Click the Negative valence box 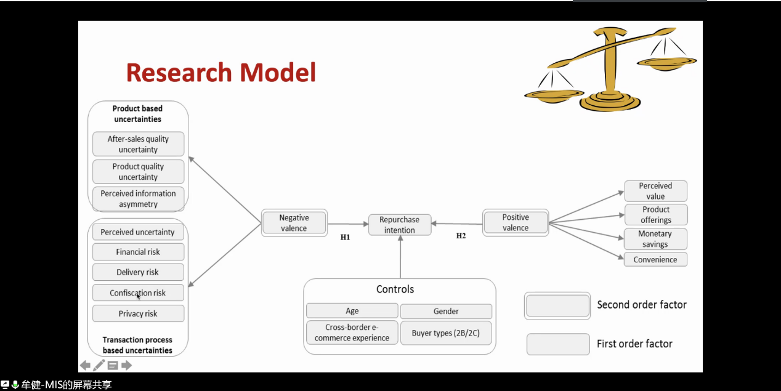point(294,223)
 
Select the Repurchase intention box point(400,225)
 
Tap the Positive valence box point(516,223)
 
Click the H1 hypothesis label point(345,237)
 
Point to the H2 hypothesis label point(461,236)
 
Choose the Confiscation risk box point(138,292)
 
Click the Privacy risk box point(138,313)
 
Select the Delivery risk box point(138,272)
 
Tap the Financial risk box point(138,252)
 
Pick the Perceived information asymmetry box point(138,199)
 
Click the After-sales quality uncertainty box point(138,144)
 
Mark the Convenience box point(655,260)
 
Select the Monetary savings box point(655,239)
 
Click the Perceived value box point(655,191)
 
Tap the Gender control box point(446,311)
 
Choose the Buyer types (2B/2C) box point(446,333)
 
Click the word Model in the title point(278,73)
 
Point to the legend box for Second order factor point(557,305)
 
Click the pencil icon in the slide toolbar point(99,365)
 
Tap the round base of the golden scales point(610,102)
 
